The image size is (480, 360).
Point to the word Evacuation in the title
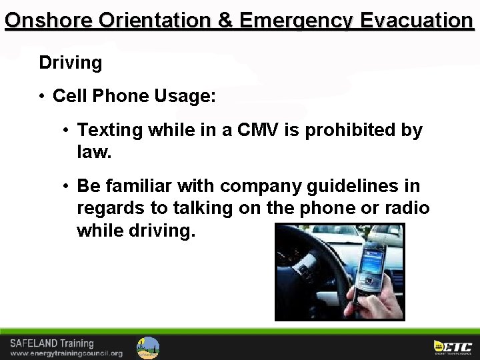tap(416, 20)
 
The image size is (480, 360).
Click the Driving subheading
tap(71, 63)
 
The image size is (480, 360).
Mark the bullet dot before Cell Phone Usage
tap(42, 96)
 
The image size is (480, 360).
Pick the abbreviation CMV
tap(255, 130)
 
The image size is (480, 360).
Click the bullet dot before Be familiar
tap(67, 185)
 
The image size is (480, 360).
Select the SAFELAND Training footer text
tap(52, 343)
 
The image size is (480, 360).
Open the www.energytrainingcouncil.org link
tap(66, 353)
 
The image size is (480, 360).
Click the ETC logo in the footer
tap(453, 347)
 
